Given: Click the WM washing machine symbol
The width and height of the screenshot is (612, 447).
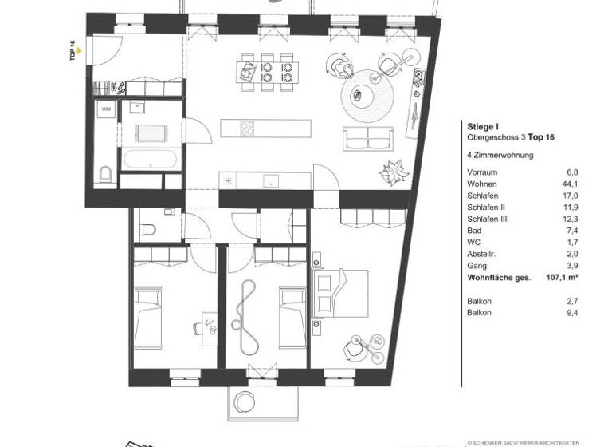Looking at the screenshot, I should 106,109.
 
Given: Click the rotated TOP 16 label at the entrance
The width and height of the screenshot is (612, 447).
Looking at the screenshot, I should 73,50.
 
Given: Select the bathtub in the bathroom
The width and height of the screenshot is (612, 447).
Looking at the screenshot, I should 150,158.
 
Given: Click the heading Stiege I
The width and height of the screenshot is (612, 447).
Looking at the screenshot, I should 482,126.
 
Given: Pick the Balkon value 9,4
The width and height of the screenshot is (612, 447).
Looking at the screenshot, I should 571,312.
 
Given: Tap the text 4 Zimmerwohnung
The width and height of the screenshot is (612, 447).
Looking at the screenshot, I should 500,156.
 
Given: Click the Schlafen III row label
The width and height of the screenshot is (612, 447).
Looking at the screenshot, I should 488,218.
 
